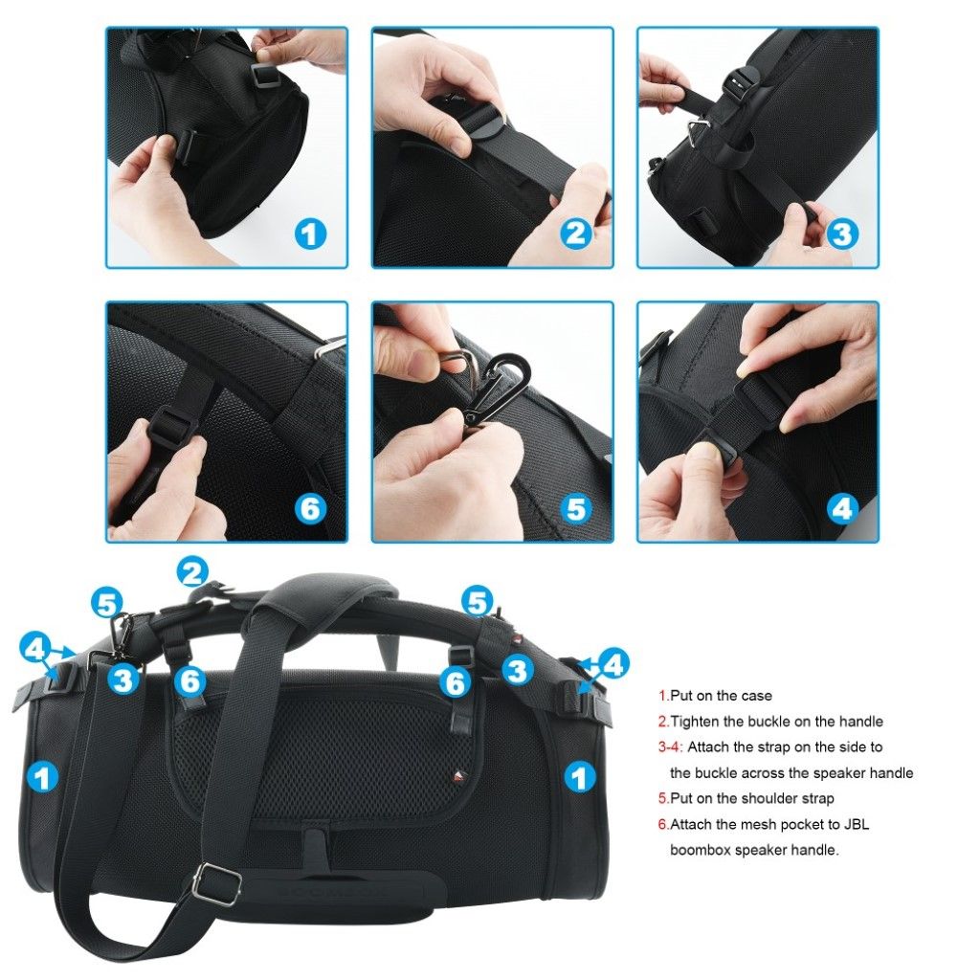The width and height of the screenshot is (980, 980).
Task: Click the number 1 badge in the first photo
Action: tap(310, 234)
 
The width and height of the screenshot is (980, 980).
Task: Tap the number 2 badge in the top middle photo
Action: tap(575, 234)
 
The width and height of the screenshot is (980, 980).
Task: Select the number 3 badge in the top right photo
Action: tap(842, 234)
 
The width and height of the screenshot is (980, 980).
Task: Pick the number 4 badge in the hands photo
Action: tap(842, 509)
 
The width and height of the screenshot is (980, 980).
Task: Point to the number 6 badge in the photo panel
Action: tap(310, 509)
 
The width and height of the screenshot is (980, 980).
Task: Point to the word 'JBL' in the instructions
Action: tap(857, 824)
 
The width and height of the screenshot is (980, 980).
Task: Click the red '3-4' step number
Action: tap(670, 746)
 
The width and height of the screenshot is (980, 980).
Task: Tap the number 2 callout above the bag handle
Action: tap(192, 572)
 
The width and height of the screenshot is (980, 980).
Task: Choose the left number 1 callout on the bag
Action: tap(42, 778)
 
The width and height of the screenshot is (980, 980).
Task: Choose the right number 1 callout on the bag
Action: tap(580, 778)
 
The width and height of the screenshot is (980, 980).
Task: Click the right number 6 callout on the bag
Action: tap(455, 681)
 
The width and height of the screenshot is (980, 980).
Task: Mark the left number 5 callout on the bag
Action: tap(107, 604)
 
